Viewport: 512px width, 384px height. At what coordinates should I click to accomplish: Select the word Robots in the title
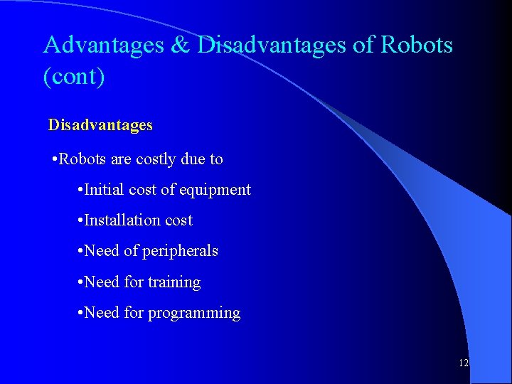[416, 46]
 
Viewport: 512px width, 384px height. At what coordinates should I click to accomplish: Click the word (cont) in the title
[74, 76]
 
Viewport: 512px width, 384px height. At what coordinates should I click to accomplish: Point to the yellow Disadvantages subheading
[100, 125]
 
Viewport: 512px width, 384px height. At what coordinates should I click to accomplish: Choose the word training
[174, 282]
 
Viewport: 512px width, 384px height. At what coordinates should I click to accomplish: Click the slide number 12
[463, 363]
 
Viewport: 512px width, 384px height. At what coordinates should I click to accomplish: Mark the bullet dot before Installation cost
[80, 221]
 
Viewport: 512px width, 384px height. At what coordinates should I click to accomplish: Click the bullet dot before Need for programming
[80, 314]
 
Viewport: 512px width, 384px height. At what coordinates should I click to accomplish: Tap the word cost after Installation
[178, 220]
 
